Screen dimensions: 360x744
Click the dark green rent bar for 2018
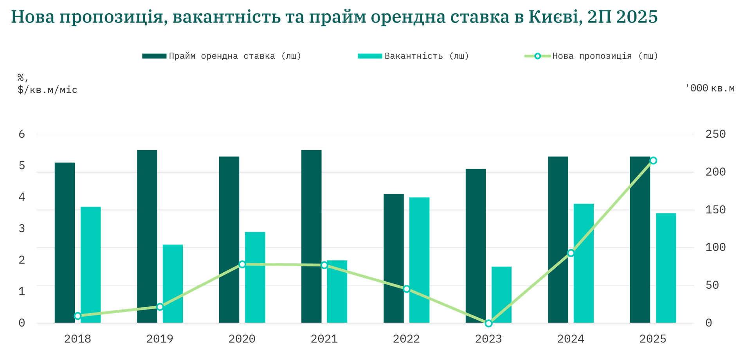click(x=65, y=243)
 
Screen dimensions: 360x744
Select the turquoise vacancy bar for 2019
click(x=173, y=283)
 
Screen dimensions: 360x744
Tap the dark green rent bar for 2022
click(x=394, y=258)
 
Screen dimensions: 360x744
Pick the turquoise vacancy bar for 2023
click(x=501, y=294)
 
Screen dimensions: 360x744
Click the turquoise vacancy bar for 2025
click(x=666, y=268)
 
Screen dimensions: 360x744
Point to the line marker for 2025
click(x=653, y=160)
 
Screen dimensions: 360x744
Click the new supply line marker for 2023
click(x=488, y=323)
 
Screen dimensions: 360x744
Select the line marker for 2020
click(x=242, y=264)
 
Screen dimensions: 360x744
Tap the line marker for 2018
click(x=77, y=316)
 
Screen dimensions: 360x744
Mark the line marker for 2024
click(x=571, y=253)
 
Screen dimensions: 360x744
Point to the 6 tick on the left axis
click(x=22, y=134)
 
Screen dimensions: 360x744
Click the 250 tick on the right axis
click(x=715, y=134)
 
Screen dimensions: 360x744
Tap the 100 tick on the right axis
click(x=715, y=247)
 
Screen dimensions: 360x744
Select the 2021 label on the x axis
click(x=324, y=338)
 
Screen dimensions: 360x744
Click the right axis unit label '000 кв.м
click(x=710, y=88)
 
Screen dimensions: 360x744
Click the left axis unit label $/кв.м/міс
click(x=47, y=90)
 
